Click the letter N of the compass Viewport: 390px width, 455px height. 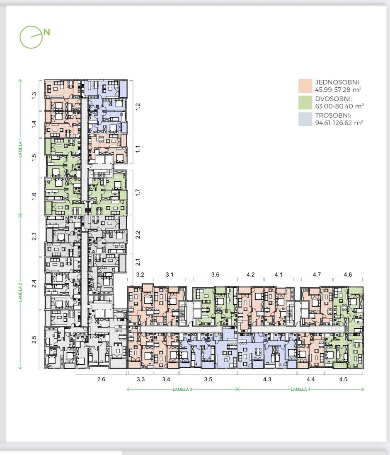coord(47,32)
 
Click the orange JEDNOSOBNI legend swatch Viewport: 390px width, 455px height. coord(305,86)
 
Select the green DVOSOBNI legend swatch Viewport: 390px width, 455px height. coord(305,102)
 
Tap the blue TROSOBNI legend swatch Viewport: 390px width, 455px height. coord(305,119)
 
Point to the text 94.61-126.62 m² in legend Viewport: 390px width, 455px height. coord(339,123)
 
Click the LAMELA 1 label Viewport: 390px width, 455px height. coord(20,148)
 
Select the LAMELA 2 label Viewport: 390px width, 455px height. coord(20,292)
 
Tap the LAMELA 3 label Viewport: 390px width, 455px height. coord(182,390)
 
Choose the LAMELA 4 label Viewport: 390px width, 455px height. coord(300,390)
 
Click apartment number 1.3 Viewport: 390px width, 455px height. coord(34,95)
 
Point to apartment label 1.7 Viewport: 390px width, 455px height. coord(138,193)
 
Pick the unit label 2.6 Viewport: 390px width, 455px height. coord(101,379)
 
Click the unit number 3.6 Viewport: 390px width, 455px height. coord(215,274)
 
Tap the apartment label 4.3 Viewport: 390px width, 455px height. coord(267,379)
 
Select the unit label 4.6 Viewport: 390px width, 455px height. coord(348,274)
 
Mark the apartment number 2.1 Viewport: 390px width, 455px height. coord(138,262)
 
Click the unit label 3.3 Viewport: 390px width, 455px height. coord(140,379)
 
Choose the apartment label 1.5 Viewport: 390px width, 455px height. coord(34,158)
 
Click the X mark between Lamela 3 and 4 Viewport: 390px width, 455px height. coord(237,389)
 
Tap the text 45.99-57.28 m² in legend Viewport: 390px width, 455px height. coord(338,90)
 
